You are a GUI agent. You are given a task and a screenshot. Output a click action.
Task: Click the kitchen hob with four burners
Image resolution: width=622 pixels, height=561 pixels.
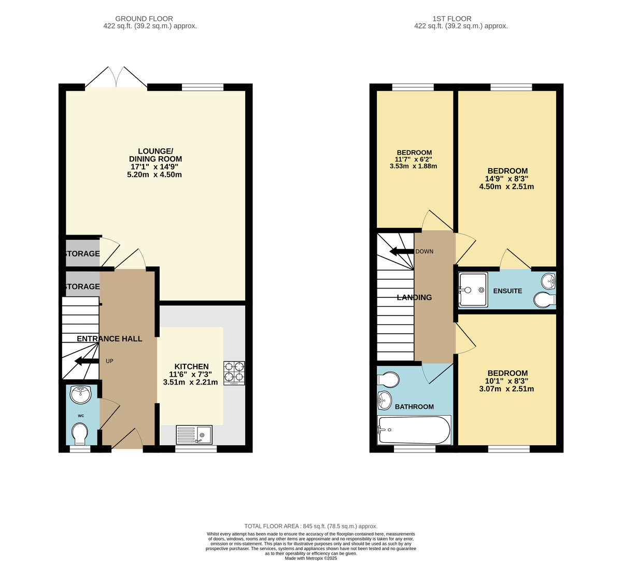[x=234, y=373]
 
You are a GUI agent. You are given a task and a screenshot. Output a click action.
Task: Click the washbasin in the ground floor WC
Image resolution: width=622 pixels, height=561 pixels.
[x=80, y=395]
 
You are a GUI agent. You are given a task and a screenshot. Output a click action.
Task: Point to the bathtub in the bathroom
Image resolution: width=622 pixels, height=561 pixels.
[x=414, y=430]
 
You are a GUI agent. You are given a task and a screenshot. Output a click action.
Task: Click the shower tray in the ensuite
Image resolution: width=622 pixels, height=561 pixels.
[x=473, y=290]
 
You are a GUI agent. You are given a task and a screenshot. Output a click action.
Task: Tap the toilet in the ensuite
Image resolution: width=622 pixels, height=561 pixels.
[x=545, y=300]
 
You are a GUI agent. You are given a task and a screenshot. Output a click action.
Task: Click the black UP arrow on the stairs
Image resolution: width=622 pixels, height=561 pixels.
[x=87, y=361]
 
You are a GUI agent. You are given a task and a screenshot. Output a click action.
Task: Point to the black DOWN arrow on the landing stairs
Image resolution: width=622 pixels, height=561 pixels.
[x=401, y=252]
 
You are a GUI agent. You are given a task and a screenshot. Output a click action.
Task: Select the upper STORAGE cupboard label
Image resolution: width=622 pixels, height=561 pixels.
[x=82, y=254]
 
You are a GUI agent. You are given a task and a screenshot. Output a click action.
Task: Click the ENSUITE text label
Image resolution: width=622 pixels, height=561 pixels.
[x=507, y=291]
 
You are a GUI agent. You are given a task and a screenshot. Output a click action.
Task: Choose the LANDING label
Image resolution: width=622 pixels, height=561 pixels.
[x=414, y=297]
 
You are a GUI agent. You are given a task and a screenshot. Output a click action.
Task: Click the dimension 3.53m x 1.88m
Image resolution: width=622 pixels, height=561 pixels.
[x=414, y=167]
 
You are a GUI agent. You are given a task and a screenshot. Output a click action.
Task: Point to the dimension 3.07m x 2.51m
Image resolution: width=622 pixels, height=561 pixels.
[x=506, y=389]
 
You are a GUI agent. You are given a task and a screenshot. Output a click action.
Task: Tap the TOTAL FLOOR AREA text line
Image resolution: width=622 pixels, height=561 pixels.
[x=311, y=526]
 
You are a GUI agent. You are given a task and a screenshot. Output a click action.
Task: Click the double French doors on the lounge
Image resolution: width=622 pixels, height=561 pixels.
[x=117, y=78]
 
